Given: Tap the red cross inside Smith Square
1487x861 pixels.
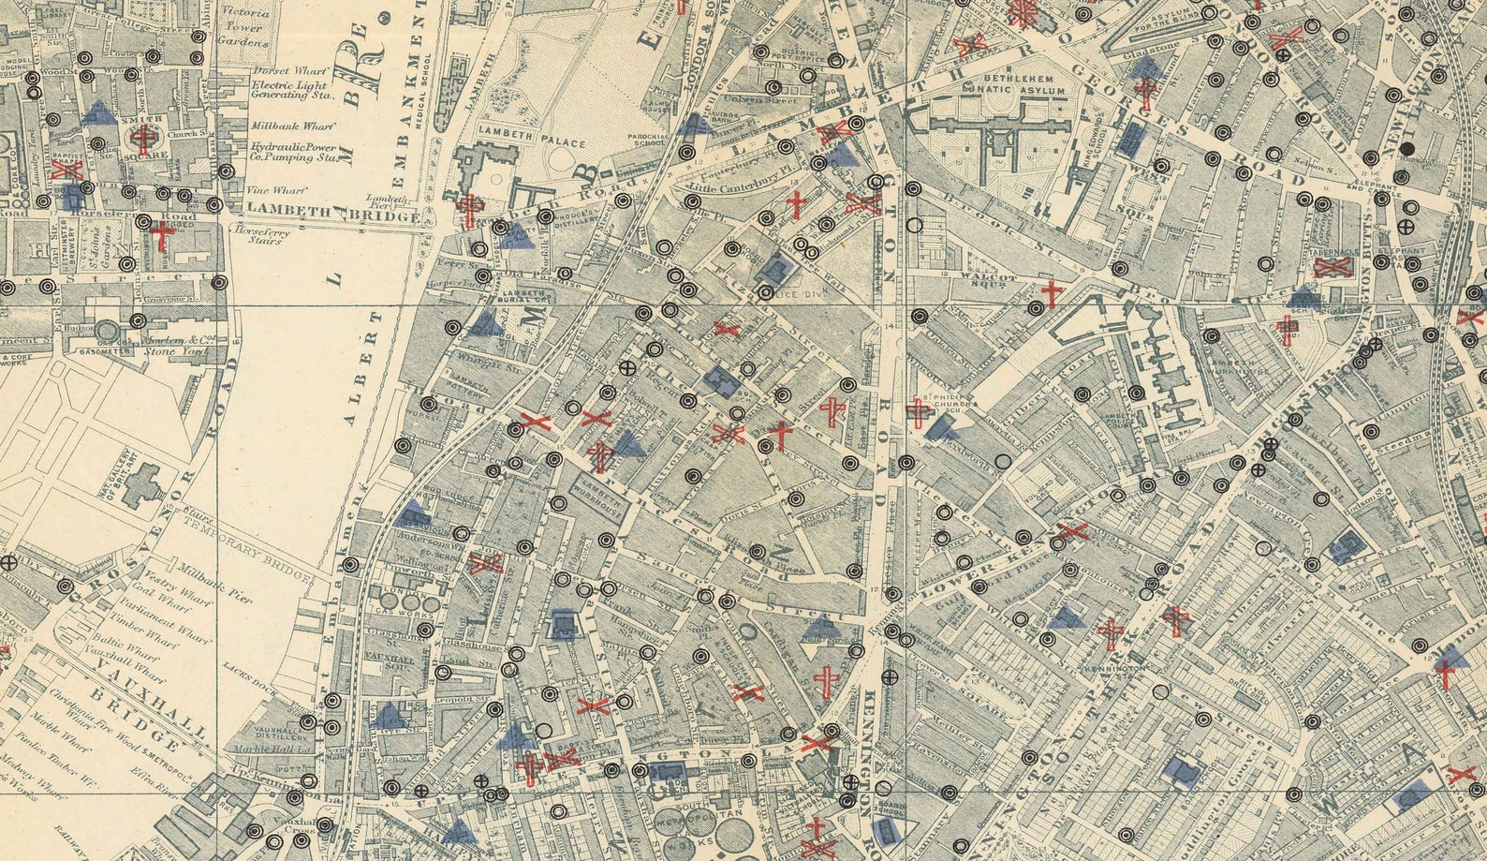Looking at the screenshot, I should [143, 140].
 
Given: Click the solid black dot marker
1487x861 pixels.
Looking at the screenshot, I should [1407, 149].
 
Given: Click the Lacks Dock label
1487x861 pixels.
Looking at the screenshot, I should [246, 669].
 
